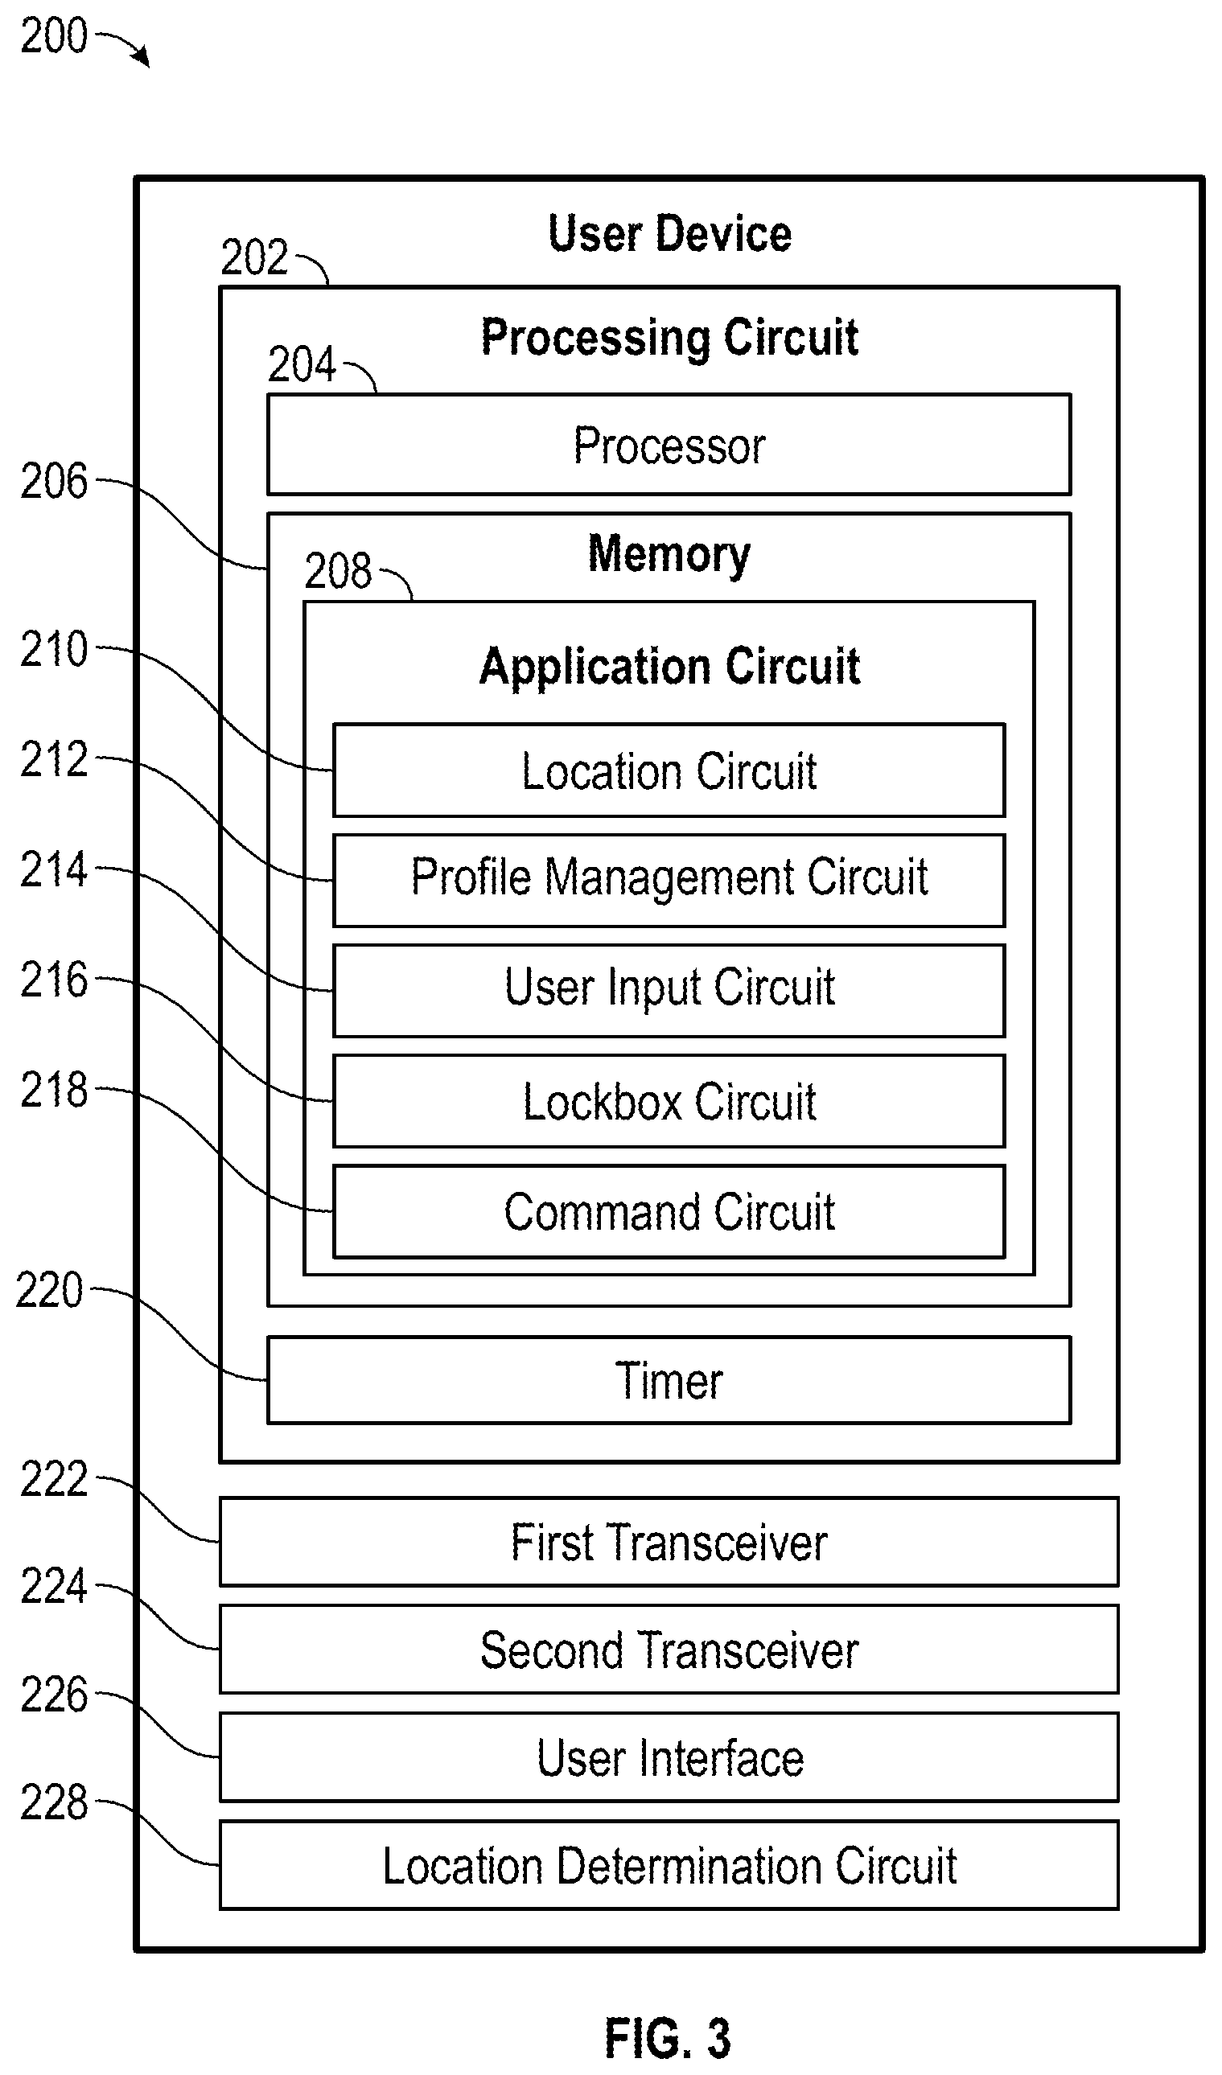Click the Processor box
point(669,445)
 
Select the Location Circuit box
point(669,770)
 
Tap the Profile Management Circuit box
point(669,880)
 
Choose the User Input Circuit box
point(669,991)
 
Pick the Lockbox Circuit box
point(669,1101)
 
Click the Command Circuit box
point(669,1211)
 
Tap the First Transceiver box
point(669,1543)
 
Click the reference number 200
point(54,36)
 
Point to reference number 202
point(254,257)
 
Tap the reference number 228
point(54,1802)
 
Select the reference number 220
point(49,1290)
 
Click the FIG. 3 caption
point(668,2039)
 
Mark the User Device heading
point(669,234)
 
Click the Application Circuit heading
point(669,666)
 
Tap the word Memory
point(669,554)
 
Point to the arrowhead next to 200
point(144,58)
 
